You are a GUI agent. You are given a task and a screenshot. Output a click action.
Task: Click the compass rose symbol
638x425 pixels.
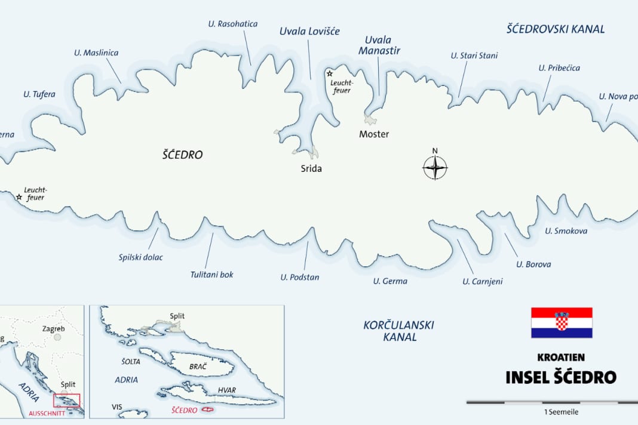coord(435,167)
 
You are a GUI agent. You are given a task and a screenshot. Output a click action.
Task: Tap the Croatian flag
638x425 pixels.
coord(562,323)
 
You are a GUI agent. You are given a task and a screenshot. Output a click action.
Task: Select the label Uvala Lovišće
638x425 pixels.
coord(309,31)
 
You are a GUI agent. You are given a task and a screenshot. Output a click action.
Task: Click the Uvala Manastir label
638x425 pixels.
coord(379,45)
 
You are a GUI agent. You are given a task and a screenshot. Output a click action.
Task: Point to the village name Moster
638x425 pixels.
coord(374,134)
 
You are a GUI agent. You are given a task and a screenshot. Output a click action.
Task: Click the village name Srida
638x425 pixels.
coord(311,169)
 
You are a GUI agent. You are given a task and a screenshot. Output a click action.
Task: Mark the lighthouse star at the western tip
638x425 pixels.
coord(19,196)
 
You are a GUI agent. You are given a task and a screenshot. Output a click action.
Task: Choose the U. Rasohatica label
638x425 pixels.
coord(233,24)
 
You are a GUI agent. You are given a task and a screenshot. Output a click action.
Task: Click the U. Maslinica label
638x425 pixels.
coord(96,53)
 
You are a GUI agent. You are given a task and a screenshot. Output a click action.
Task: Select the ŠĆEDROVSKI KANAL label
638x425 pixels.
coord(556,29)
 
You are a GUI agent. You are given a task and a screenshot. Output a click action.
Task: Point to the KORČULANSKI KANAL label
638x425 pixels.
coord(398,331)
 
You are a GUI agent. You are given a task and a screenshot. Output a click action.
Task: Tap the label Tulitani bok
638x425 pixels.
coord(211,275)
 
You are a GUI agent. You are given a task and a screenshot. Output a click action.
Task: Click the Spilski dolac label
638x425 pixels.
coord(140,257)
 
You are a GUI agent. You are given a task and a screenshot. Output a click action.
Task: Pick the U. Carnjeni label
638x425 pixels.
coord(482,281)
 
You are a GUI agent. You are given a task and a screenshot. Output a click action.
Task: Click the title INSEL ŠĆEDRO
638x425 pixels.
coord(560,377)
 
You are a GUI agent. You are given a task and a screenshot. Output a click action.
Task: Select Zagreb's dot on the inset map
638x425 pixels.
coord(57,337)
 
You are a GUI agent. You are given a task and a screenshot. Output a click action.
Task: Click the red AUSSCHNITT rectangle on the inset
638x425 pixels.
coord(66,401)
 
